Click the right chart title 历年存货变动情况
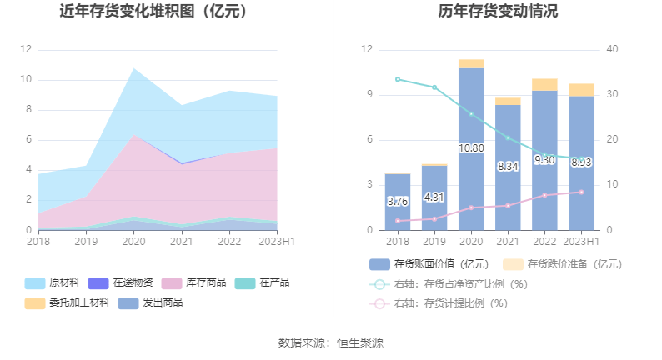[x=498, y=12]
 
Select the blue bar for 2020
[x=471, y=183]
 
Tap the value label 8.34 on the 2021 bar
[x=508, y=167]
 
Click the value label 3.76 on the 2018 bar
[x=398, y=202]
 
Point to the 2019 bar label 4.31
[x=434, y=197]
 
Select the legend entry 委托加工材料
[x=80, y=302]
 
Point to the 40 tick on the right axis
[x=612, y=49]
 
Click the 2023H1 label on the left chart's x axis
[x=278, y=242]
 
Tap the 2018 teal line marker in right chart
[x=398, y=79]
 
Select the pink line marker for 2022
[x=544, y=195]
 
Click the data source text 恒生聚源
[x=360, y=342]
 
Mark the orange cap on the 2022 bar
[x=544, y=84]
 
